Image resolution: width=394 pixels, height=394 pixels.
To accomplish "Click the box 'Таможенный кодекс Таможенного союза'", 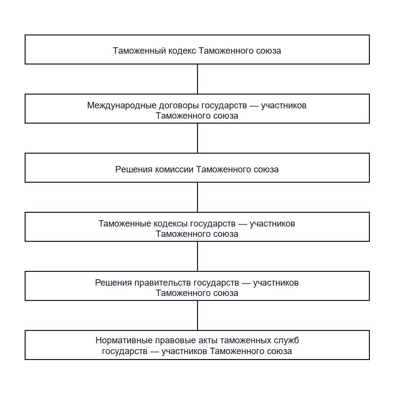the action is [197, 50].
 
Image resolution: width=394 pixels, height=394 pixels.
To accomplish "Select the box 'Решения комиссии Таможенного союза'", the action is [197, 167].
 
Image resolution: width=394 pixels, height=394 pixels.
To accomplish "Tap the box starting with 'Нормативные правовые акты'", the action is [197, 345].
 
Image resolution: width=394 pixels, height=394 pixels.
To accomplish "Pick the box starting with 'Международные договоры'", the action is [197, 108].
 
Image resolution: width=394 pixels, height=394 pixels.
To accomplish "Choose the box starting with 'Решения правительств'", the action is [197, 286].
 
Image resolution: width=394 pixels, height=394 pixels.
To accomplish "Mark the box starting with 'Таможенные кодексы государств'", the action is [197, 227].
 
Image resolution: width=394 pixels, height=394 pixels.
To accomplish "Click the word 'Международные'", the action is [122, 105].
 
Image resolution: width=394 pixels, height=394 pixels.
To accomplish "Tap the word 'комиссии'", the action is [174, 169].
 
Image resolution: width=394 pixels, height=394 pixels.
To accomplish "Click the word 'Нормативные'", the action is [124, 340].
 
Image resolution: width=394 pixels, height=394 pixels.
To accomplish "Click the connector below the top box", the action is [197, 79].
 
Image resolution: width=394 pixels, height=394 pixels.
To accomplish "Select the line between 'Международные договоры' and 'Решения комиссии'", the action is [197, 138].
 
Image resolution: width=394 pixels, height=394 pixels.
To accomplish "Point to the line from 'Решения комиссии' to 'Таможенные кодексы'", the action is [197, 197].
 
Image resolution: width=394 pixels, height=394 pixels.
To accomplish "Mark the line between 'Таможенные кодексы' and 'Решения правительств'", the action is [197, 256].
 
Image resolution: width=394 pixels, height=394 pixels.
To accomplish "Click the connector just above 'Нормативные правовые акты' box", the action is [197, 316].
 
